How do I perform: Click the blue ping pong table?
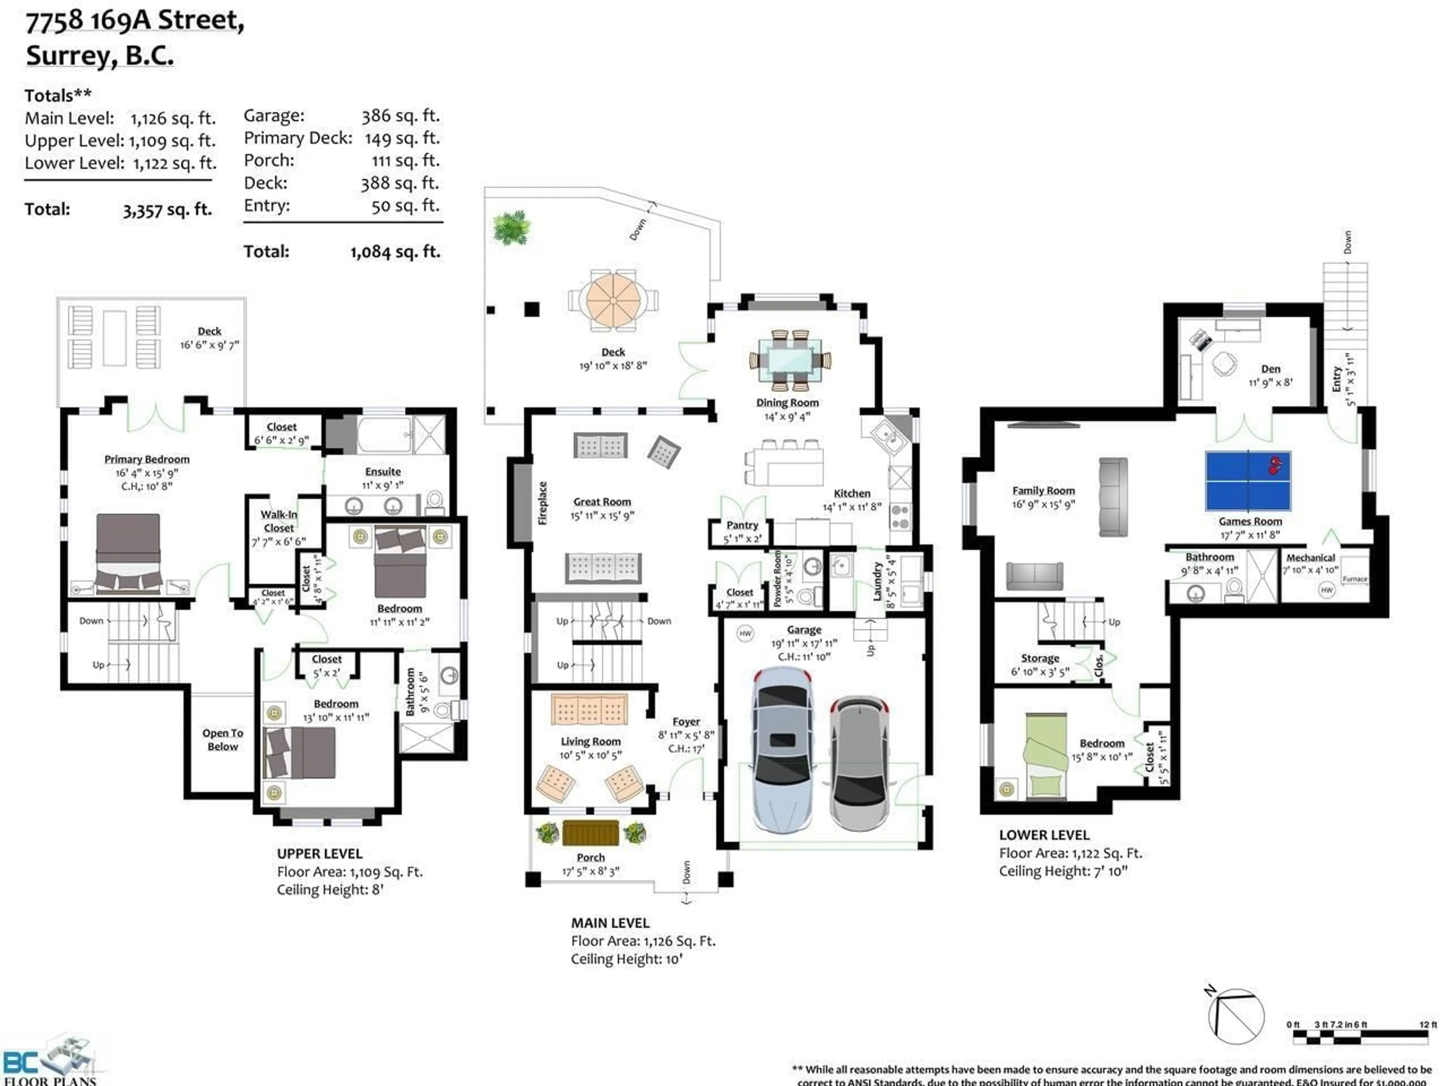pyautogui.click(x=1248, y=480)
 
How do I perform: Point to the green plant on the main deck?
pyautogui.click(x=511, y=227)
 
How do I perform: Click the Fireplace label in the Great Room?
pyautogui.click(x=542, y=503)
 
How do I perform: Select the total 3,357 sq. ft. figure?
pyautogui.click(x=167, y=210)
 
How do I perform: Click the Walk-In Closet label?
pyautogui.click(x=279, y=521)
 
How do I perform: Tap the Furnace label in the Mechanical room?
pyautogui.click(x=1354, y=579)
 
